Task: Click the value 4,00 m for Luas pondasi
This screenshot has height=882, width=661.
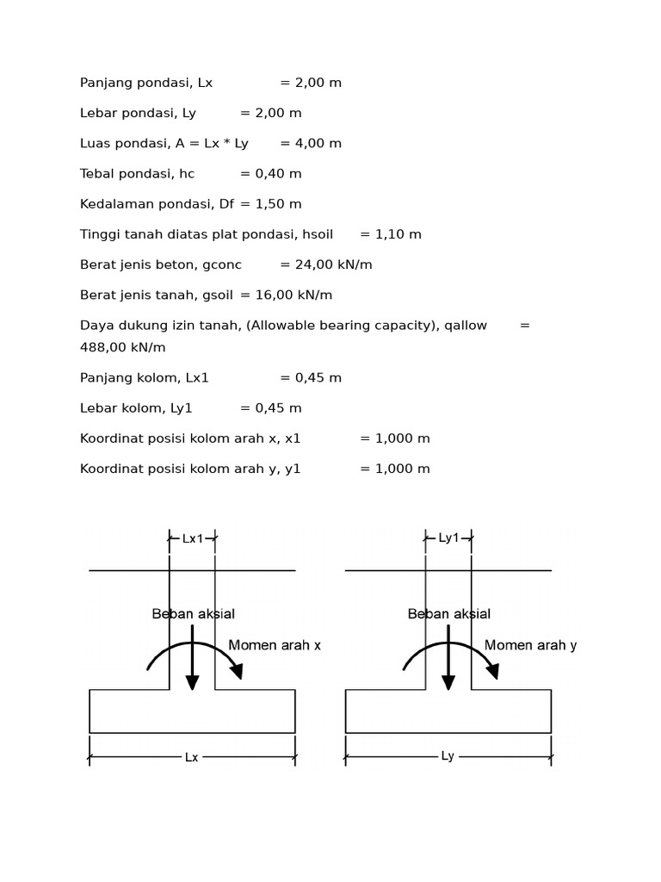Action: (318, 144)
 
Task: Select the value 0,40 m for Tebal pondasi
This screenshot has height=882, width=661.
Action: (278, 174)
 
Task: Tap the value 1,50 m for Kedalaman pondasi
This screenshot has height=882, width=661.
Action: (278, 204)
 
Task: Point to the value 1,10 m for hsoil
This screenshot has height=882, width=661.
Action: (398, 234)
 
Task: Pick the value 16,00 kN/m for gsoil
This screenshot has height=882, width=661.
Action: (293, 295)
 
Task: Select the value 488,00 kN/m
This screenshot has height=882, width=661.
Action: (123, 348)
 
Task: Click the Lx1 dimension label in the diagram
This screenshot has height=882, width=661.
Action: (193, 539)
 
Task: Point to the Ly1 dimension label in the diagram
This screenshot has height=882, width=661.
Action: (448, 538)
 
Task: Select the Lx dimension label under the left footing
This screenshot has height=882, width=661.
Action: (191, 758)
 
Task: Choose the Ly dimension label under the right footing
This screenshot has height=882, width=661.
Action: (448, 756)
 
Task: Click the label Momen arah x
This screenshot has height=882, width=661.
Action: (274, 646)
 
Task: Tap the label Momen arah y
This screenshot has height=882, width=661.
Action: (530, 646)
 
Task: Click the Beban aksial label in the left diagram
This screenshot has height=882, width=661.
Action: (193, 614)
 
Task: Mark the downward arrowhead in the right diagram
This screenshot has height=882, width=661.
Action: (448, 682)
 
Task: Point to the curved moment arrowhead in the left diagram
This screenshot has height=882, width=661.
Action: (236, 671)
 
